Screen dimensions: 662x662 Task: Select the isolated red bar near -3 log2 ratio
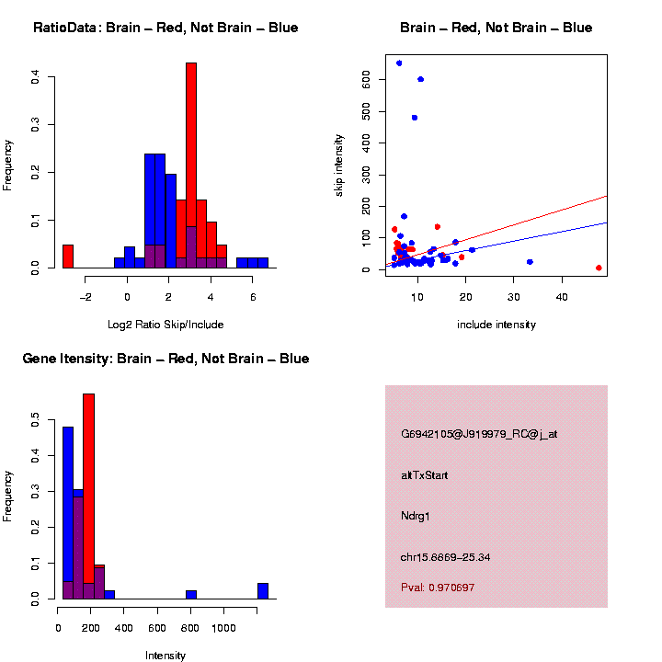point(68,256)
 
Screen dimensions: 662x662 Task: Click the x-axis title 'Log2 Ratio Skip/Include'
point(167,324)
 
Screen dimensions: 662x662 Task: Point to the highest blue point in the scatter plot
point(399,63)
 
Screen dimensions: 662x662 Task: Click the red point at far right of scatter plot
point(599,268)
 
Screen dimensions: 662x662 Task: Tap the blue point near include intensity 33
point(530,262)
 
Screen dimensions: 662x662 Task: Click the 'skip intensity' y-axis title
point(339,165)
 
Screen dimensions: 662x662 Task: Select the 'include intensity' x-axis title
point(496,325)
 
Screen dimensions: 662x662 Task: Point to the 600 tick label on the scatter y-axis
point(367,80)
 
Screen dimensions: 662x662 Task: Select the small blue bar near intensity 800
point(191,595)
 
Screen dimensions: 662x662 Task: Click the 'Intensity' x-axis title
point(165,656)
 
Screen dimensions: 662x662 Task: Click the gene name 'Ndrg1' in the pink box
point(416,516)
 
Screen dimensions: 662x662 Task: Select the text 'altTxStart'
point(425,475)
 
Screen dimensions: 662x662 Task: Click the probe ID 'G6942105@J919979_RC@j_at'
point(479,434)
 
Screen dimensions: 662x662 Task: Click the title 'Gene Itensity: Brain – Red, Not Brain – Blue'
point(165,359)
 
